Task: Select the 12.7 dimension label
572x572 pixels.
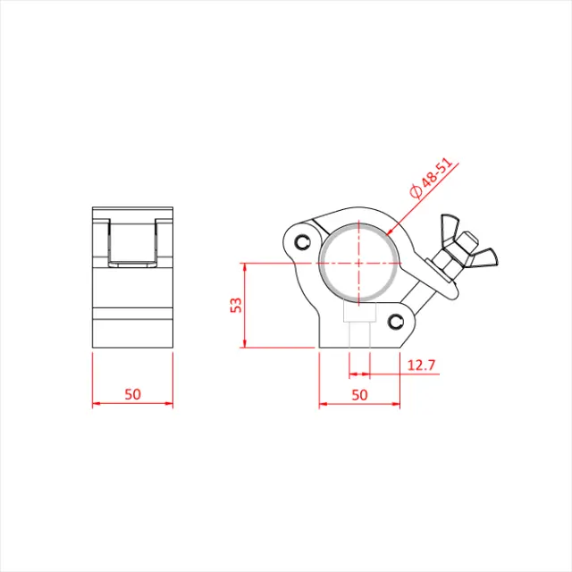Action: click(420, 365)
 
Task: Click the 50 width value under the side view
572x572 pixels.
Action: click(133, 393)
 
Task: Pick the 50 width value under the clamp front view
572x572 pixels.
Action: click(359, 393)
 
